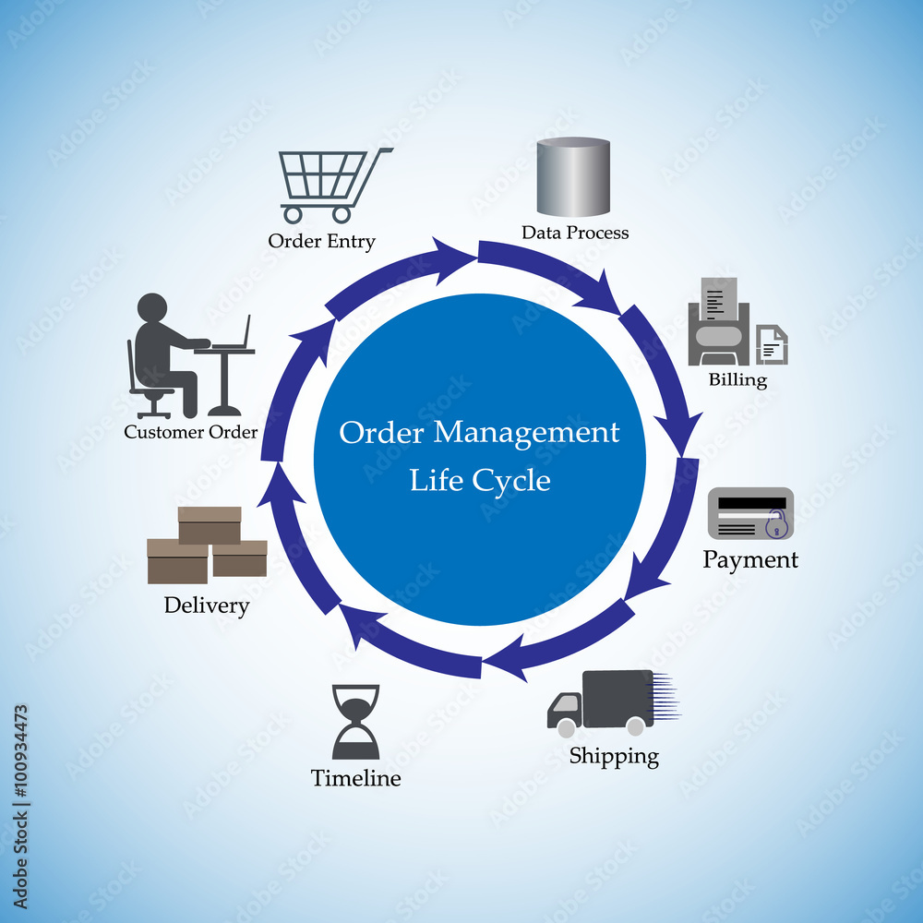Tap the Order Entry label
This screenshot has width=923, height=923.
click(x=321, y=241)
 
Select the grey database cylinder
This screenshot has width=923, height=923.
click(x=573, y=177)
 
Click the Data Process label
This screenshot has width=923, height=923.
click(x=575, y=233)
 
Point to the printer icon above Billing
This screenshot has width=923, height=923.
click(x=719, y=323)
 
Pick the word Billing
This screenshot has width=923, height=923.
click(x=737, y=379)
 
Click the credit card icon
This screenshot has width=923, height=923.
click(x=750, y=513)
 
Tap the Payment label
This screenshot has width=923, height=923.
click(x=750, y=559)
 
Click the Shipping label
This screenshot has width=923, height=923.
click(x=614, y=757)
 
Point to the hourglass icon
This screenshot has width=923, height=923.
click(x=355, y=722)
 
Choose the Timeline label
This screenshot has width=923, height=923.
click(x=355, y=778)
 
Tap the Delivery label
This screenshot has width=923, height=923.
click(x=207, y=605)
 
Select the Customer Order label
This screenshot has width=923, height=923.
click(x=191, y=431)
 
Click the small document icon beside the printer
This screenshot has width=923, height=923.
click(x=772, y=344)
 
